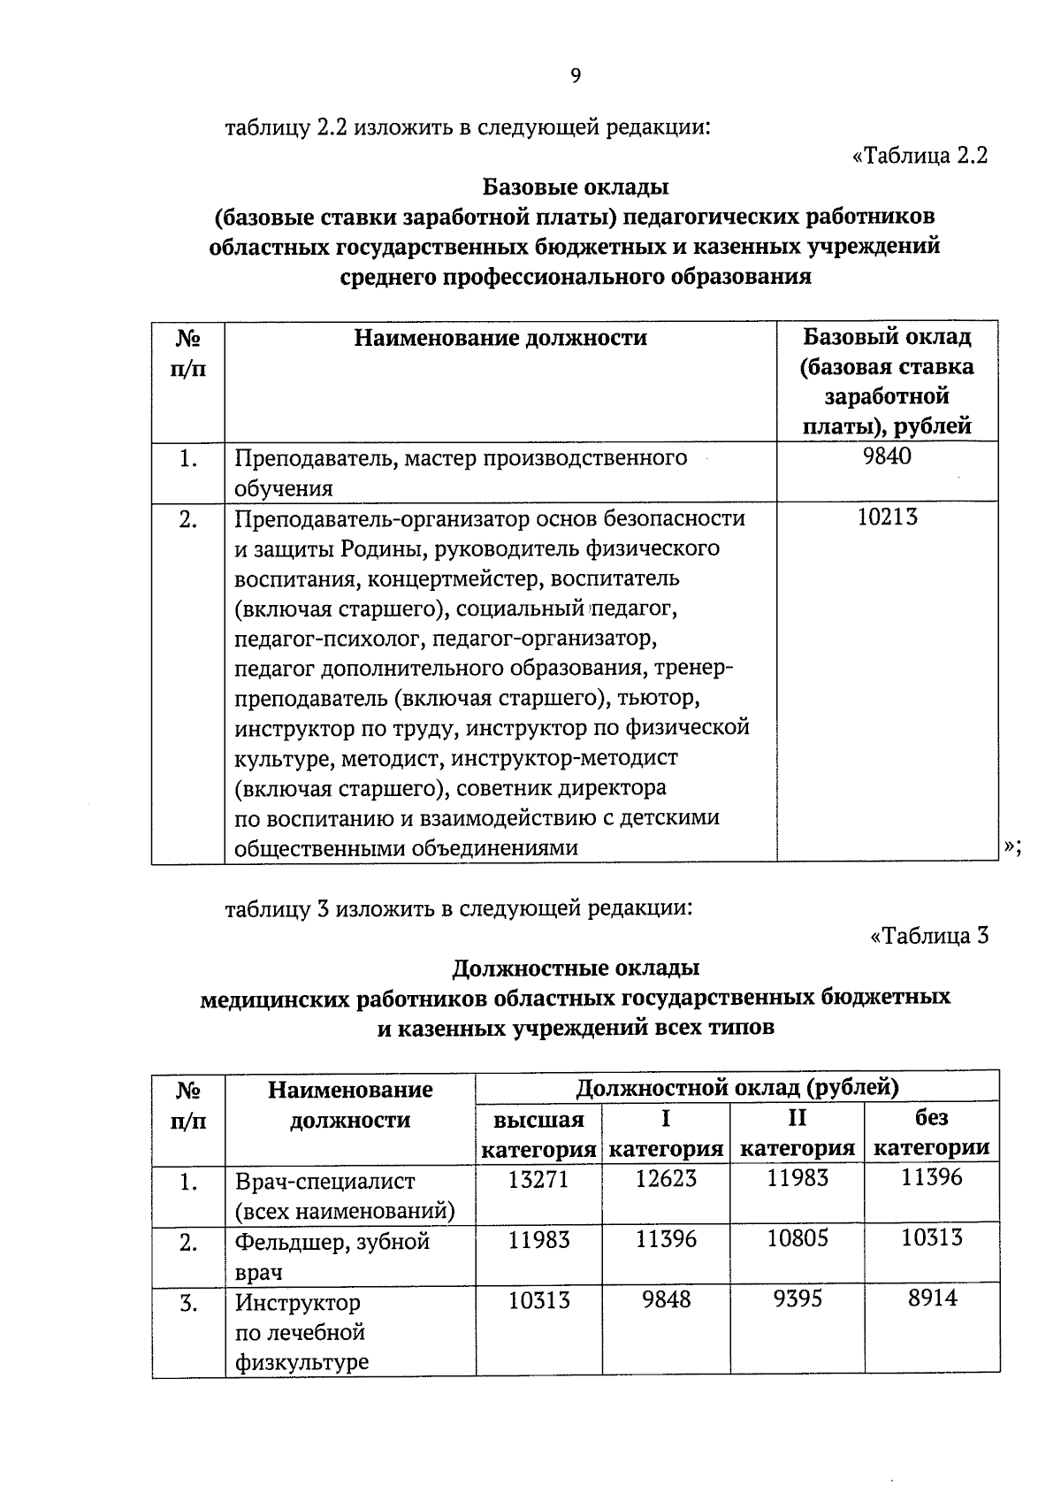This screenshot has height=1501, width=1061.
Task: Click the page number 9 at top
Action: pos(576,76)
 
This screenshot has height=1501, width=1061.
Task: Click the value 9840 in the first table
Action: pos(887,456)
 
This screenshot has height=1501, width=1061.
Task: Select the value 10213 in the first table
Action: pos(887,517)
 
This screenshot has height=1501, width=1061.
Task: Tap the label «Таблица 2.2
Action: pos(920,156)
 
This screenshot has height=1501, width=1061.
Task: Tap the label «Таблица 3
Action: pos(929,936)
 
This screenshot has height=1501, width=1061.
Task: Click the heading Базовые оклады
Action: pos(576,187)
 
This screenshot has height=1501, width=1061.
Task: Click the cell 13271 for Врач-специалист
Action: pos(538,1179)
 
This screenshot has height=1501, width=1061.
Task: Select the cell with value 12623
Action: pos(666,1179)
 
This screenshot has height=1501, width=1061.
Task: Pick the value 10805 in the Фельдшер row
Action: pos(798,1238)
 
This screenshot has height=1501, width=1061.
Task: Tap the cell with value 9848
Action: pos(666,1298)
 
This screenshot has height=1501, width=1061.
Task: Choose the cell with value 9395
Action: pos(798,1298)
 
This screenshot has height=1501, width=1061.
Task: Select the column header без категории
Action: pos(932,1133)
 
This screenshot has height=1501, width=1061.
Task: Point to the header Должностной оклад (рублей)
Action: pos(737,1087)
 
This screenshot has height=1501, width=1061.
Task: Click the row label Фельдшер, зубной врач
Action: pos(332,1256)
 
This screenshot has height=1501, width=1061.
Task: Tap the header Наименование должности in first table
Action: pos(500,338)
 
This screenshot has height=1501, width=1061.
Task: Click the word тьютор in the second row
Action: pos(660,698)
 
